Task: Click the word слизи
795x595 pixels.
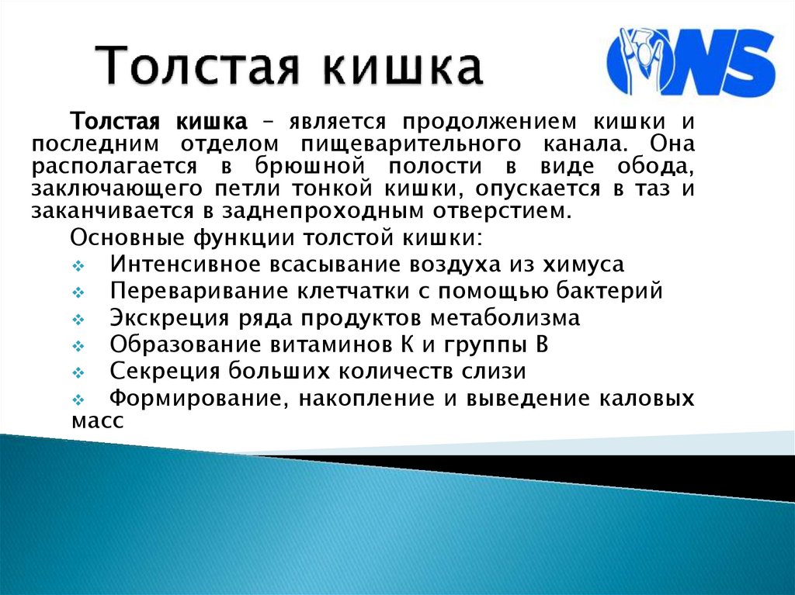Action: click(x=498, y=372)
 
